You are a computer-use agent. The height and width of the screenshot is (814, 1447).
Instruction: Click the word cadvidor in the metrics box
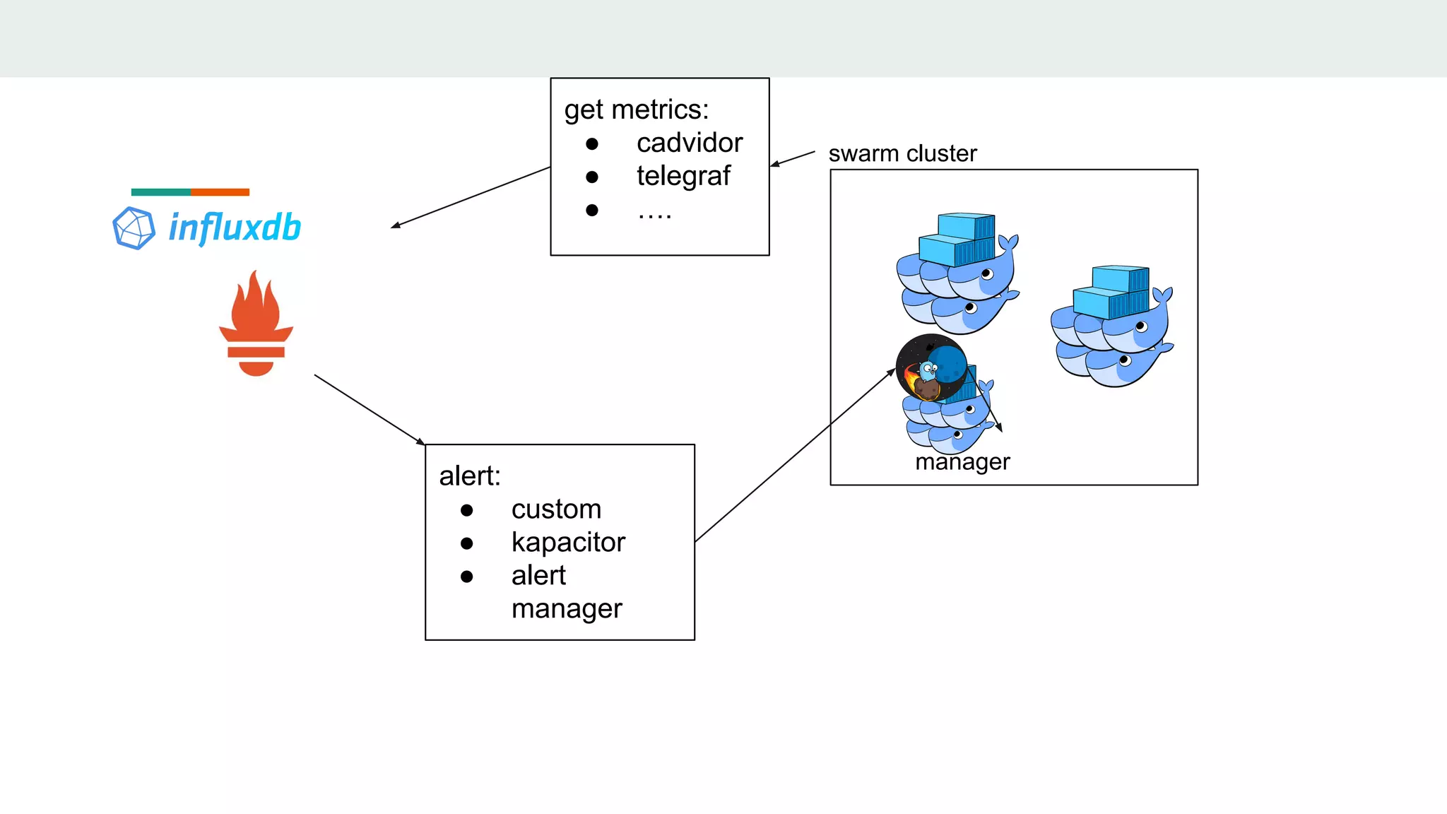click(689, 143)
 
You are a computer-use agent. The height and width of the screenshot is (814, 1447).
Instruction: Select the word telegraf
click(683, 176)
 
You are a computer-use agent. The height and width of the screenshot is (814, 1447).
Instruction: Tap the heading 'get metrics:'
click(636, 110)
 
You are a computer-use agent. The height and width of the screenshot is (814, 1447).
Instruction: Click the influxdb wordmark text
click(235, 228)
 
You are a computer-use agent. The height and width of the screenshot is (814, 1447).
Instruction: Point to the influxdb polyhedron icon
click(134, 228)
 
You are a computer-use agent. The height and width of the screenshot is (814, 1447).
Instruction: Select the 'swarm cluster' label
click(902, 153)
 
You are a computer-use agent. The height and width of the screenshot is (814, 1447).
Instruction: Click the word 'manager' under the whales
click(962, 462)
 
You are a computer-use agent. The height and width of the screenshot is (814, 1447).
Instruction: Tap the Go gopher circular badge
click(931, 368)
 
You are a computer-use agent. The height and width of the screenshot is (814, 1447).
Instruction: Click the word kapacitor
click(568, 543)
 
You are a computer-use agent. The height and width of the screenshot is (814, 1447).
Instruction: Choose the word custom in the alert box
click(556, 509)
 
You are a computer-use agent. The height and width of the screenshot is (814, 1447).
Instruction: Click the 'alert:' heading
click(470, 476)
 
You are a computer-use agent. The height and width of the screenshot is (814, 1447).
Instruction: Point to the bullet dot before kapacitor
click(466, 543)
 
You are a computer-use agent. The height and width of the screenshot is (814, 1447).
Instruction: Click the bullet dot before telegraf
click(592, 177)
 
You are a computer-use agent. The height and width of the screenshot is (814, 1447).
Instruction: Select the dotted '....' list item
click(654, 213)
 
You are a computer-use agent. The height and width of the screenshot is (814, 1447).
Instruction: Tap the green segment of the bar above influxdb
click(160, 192)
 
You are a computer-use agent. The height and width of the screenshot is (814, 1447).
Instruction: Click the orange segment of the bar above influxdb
click(220, 192)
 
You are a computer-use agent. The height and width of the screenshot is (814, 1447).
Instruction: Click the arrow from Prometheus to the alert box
click(369, 409)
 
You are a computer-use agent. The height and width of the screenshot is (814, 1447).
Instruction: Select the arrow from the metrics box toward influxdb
click(470, 197)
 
